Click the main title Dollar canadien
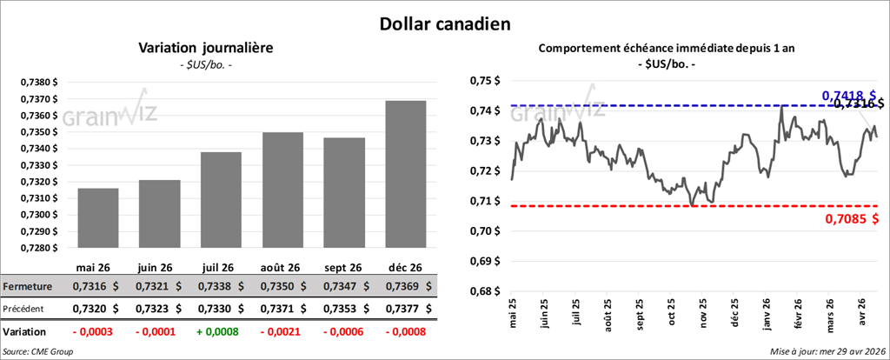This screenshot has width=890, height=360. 444,23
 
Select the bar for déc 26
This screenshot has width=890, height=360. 406,174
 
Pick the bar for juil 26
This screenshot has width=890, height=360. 221,200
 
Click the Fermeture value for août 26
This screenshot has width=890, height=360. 282,285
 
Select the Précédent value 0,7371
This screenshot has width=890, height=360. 282,308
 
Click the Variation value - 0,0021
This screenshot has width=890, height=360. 282,332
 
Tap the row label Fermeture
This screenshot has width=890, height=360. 28,285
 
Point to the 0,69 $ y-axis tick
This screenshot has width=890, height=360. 485,261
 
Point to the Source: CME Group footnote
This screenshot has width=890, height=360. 38,351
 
